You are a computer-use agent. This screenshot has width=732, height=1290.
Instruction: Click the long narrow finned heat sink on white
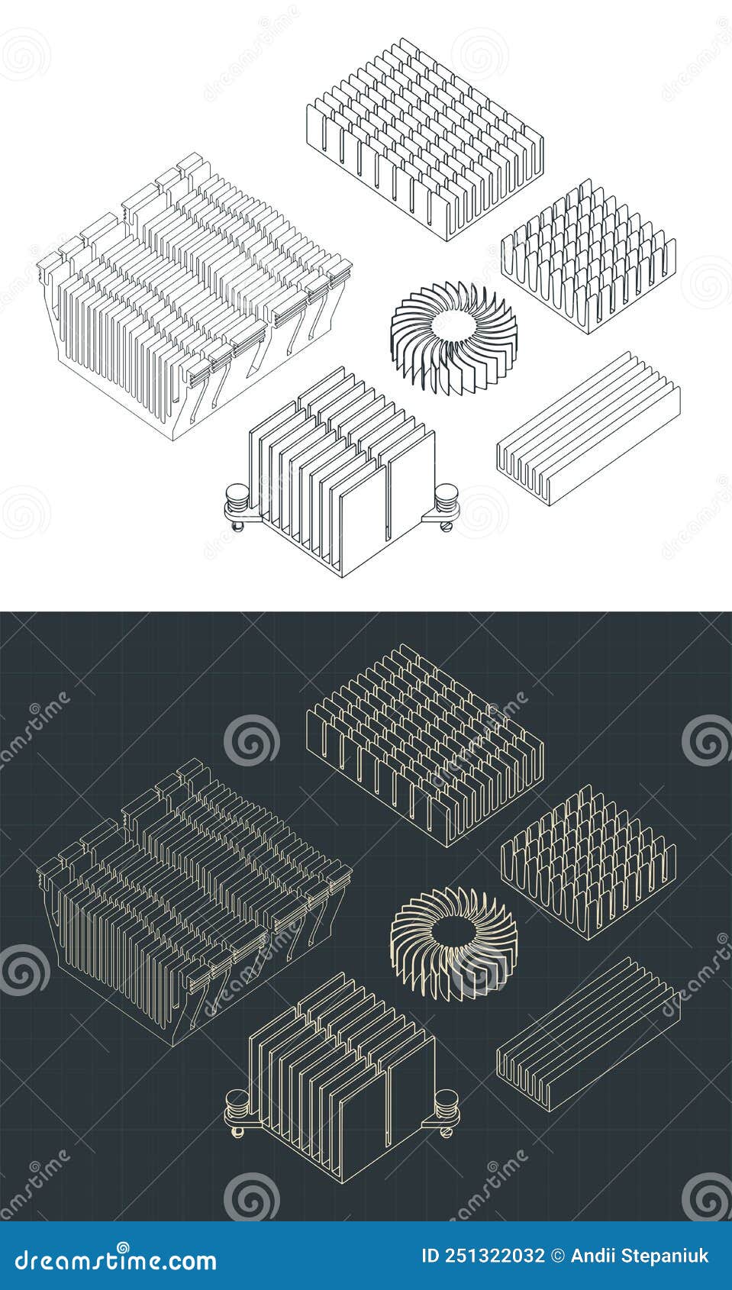point(588,427)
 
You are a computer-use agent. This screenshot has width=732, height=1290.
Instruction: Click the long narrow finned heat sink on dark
point(588,1032)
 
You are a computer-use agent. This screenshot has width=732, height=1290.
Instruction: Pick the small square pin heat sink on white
point(588,256)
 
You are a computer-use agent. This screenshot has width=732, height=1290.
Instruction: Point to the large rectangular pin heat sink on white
point(424,137)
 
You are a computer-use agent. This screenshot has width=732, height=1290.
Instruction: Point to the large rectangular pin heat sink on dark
point(424,742)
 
